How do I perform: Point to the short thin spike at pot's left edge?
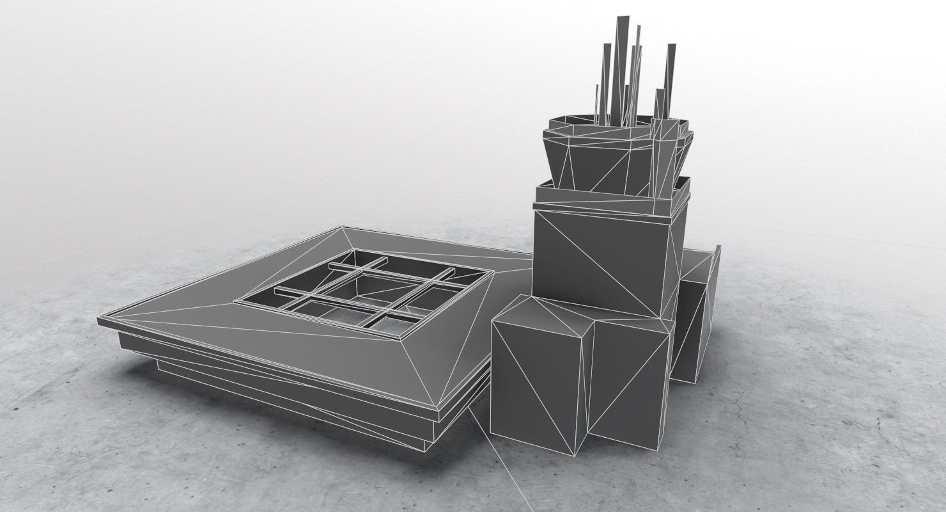point(596,102)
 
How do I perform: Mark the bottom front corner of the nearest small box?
point(574,456)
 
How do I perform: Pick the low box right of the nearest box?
point(630,378)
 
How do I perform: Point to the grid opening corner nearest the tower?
point(493,272)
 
